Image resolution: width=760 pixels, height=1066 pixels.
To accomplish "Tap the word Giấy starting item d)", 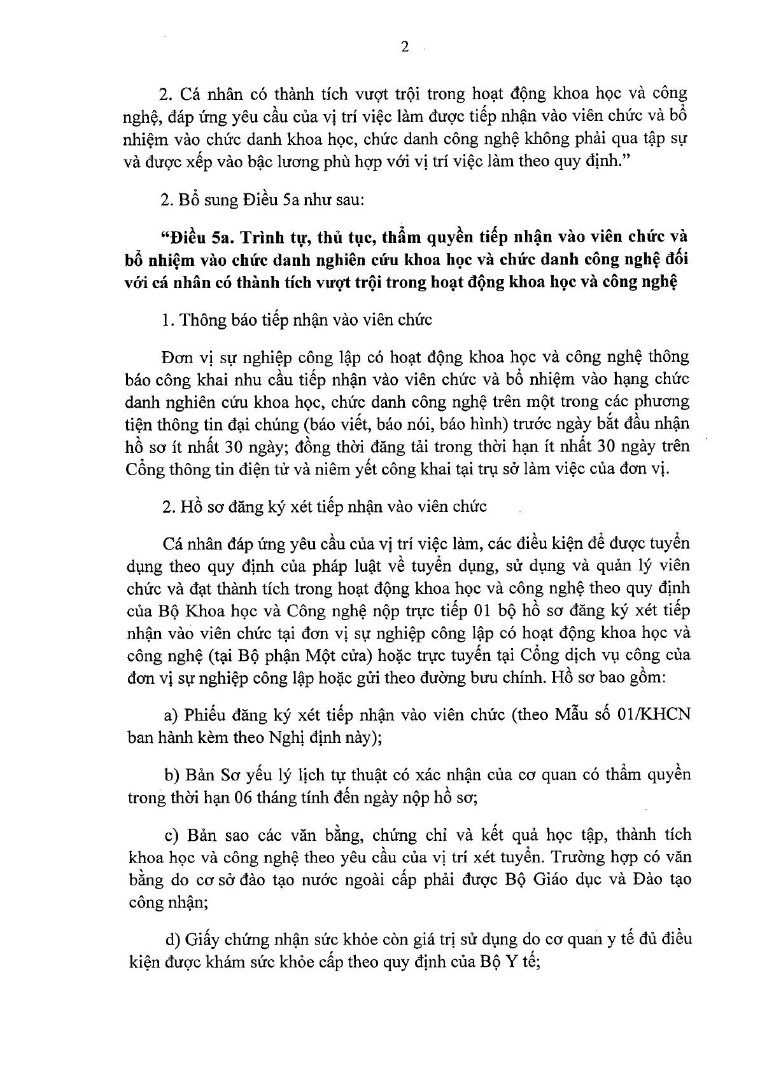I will point(202,939).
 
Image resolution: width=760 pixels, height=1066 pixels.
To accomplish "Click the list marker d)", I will point(172,939).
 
